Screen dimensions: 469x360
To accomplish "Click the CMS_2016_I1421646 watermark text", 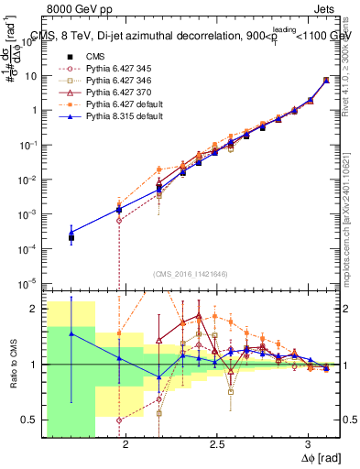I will click(x=191, y=273).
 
